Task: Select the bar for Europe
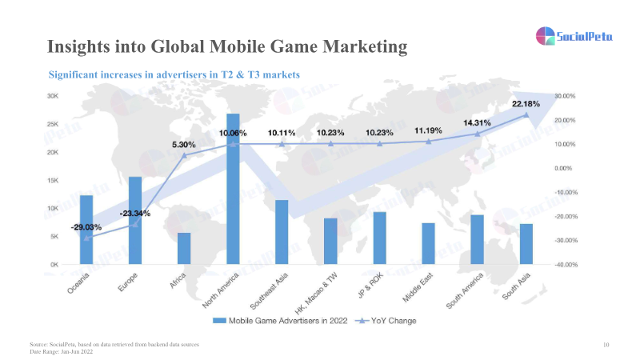point(135,220)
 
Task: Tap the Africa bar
point(184,248)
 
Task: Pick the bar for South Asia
point(526,244)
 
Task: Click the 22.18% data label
point(526,105)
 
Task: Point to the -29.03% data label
point(86,228)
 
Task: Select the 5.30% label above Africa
point(184,145)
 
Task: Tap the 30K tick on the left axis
point(53,96)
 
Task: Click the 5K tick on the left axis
point(54,237)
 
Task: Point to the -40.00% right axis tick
point(566,265)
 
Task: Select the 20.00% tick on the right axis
point(566,120)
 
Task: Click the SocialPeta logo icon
point(546,36)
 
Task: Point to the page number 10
point(606,344)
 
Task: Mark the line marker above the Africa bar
point(184,155)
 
